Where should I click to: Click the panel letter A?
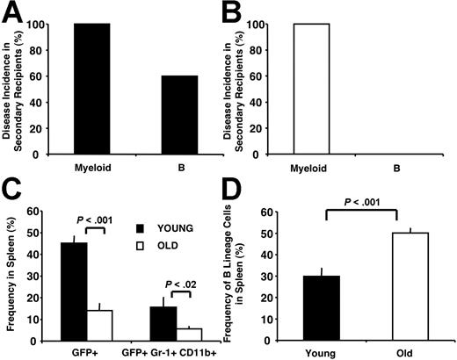[11, 12]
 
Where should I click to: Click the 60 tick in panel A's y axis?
[41, 76]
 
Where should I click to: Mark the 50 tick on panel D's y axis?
[271, 258]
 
